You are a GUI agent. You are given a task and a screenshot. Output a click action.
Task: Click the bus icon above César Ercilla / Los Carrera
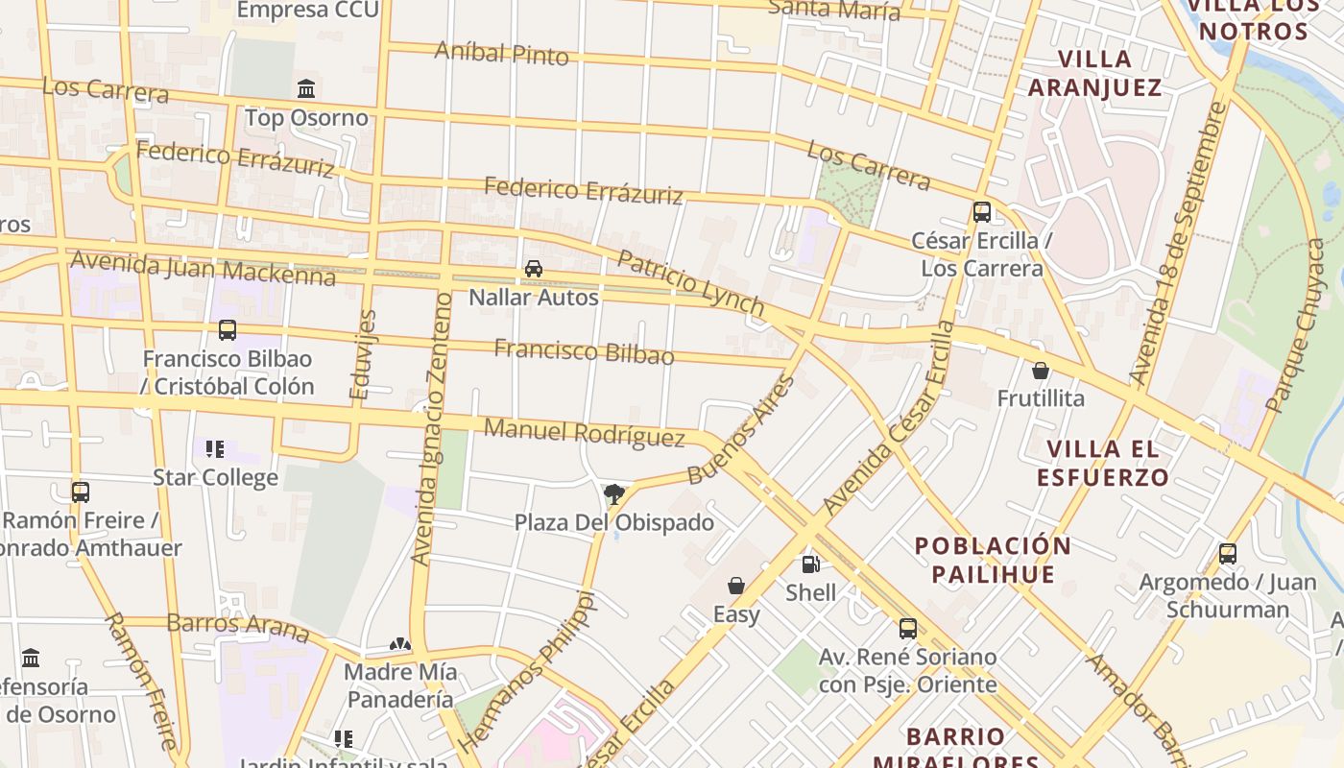coord(981,212)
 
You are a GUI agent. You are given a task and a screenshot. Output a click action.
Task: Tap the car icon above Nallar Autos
coord(534,269)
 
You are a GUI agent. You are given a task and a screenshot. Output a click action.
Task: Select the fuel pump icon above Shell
coord(811,564)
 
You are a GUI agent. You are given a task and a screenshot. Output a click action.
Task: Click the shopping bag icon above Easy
coord(736,586)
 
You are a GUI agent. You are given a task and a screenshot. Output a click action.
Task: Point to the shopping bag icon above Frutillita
coord(1040,371)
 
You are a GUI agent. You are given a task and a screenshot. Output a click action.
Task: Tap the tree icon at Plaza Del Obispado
coord(614,494)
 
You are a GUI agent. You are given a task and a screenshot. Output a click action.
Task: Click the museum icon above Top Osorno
coord(306,89)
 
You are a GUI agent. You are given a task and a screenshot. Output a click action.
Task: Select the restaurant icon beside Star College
coord(215,448)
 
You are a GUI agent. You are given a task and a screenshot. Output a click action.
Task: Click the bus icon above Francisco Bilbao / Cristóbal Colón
coord(228,330)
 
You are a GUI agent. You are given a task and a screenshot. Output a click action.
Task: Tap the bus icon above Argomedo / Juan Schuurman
coord(1227,554)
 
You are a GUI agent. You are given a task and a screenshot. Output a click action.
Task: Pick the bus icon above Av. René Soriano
coord(907,629)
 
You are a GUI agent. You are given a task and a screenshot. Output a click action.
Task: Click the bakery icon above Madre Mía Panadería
coord(400,643)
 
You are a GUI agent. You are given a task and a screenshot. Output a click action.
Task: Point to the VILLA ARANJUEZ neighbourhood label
coord(1094,73)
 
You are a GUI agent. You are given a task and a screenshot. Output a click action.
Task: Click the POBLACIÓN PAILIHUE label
coord(993,560)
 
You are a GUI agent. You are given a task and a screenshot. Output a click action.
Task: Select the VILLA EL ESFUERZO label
coord(1108,463)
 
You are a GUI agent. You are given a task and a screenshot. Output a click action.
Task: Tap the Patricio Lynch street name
coord(690,283)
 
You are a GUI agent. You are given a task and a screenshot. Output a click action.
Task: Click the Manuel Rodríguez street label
coord(584,432)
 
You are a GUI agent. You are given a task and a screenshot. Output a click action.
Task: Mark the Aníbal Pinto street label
coord(501,52)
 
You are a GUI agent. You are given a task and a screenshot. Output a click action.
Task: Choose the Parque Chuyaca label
coord(1295,326)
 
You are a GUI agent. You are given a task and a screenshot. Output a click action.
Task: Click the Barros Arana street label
coord(237,627)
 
